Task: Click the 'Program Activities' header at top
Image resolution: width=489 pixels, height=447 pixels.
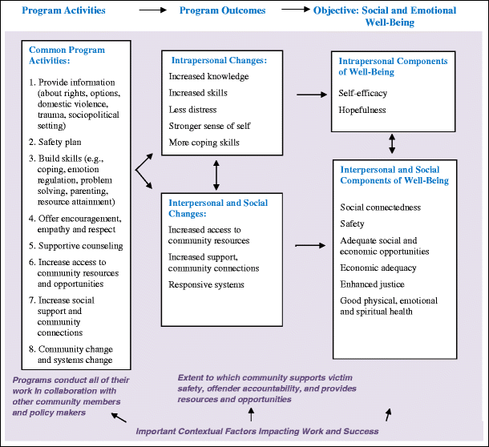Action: [64, 10]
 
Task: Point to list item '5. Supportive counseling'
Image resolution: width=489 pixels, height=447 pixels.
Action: [75, 245]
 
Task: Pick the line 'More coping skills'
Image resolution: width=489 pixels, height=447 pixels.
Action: [204, 143]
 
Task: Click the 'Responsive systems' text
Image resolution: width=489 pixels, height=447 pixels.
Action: [206, 284]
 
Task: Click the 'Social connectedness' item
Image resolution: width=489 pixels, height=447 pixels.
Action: [380, 207]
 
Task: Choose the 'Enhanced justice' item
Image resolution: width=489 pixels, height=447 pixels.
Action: [372, 284]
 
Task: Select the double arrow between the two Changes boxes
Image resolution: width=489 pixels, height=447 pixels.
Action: [216, 172]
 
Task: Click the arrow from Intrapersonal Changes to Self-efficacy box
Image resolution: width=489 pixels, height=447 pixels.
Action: [306, 95]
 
